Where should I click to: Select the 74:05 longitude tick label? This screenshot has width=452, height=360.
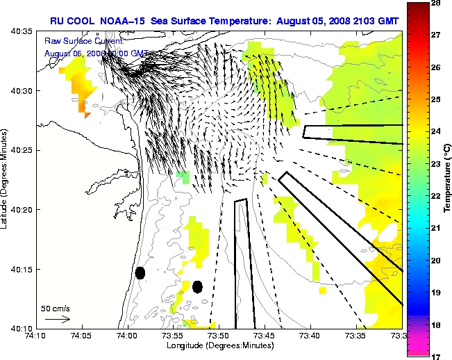pos(82,336)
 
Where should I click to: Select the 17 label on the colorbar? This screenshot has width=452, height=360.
pos(437,356)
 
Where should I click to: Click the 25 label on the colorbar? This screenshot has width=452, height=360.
pos(437,100)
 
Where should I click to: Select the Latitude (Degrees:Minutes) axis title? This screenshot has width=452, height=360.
pos(5,180)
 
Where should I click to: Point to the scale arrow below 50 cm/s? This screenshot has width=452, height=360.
pos(58,319)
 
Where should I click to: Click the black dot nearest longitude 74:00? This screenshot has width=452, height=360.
pos(140,273)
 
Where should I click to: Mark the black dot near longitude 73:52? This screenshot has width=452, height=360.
pos(197,286)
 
